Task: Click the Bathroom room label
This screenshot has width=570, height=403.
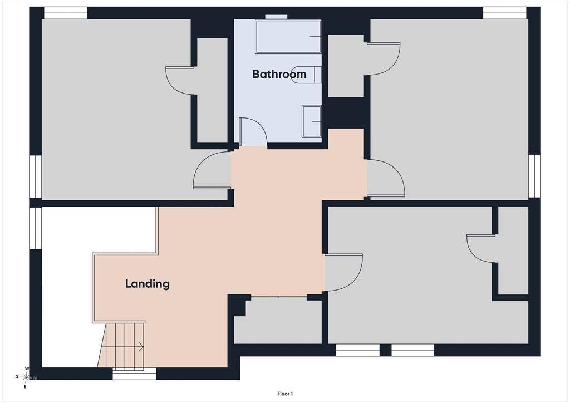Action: point(279,74)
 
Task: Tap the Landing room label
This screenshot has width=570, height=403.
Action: point(148,284)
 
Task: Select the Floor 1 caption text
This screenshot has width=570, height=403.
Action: point(285,394)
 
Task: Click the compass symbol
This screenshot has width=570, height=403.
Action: point(26,377)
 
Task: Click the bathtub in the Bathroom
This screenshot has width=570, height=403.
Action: point(288,37)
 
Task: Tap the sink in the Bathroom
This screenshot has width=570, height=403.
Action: point(312,121)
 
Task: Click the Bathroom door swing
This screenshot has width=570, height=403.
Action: point(253,132)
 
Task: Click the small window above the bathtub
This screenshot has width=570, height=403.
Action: point(276,16)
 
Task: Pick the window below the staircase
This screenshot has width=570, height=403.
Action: point(134,373)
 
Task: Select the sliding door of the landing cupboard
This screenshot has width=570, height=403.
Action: point(279,297)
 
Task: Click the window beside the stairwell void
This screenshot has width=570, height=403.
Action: point(35,228)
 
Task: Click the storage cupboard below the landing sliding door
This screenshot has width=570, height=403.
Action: point(278,321)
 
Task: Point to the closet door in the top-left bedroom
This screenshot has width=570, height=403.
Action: point(179,81)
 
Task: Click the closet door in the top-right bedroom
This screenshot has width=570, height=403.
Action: point(384,59)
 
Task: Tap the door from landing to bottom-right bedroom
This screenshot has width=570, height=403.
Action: point(343,273)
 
